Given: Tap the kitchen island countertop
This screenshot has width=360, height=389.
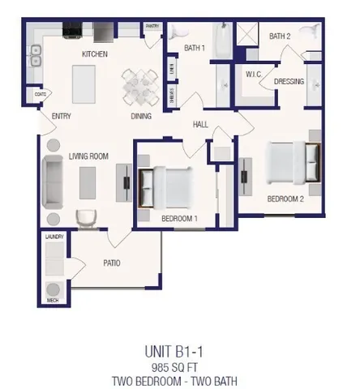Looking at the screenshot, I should (84, 82).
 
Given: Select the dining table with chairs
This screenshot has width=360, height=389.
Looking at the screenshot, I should (140, 84).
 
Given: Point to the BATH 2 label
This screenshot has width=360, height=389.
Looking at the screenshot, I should (280, 36).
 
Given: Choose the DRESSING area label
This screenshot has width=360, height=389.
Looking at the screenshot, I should (289, 81).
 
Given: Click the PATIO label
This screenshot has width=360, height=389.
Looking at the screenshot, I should (112, 263).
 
